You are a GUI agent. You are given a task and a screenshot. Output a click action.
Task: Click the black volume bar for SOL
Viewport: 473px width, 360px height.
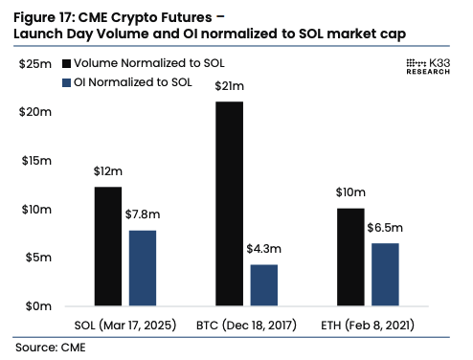pyautogui.click(x=108, y=246)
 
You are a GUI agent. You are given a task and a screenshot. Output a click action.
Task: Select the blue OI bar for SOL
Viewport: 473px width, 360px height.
pyautogui.click(x=142, y=268)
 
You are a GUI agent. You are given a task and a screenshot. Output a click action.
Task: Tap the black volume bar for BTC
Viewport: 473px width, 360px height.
pyautogui.click(x=229, y=203)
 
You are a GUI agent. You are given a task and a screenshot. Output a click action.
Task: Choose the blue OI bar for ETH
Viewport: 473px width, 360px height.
pyautogui.click(x=385, y=275)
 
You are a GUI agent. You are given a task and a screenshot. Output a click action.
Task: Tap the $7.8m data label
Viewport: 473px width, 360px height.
pyautogui.click(x=142, y=216)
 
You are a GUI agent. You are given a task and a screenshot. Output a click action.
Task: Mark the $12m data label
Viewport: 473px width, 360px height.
pyautogui.click(x=108, y=173)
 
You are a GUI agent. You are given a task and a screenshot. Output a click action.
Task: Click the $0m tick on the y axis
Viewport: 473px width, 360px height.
pyautogui.click(x=38, y=306)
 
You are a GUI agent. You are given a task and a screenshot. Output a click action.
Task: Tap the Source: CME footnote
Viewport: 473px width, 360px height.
pyautogui.click(x=50, y=345)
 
